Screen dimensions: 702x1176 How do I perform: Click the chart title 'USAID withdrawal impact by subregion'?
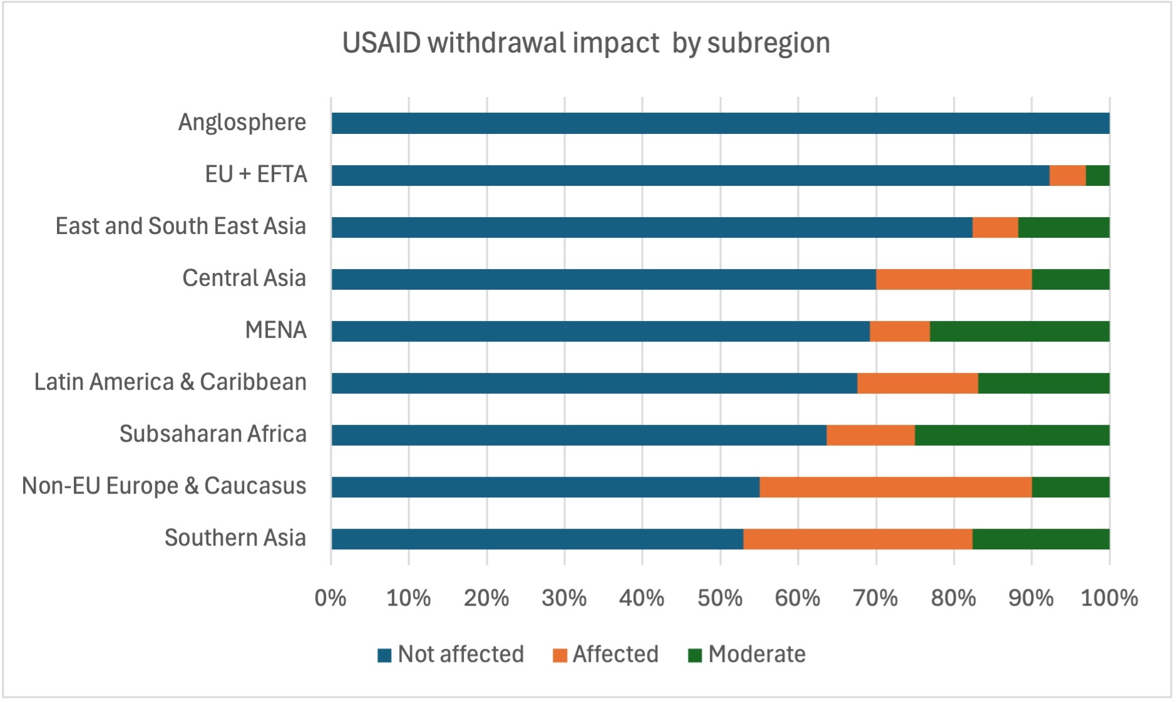pyautogui.click(x=586, y=43)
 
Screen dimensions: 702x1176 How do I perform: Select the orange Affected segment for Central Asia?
pyautogui.click(x=953, y=279)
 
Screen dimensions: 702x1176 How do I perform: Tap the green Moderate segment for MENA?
pyautogui.click(x=1019, y=331)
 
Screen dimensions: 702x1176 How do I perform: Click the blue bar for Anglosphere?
pyautogui.click(x=720, y=123)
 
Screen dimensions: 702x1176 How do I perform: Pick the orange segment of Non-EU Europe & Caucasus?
pyautogui.click(x=895, y=487)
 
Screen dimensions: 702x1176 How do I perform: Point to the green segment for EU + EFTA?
pyautogui.click(x=1097, y=175)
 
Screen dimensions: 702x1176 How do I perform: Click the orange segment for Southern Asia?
pyautogui.click(x=857, y=539)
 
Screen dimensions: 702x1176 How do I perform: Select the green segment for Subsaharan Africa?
pyautogui.click(x=1011, y=435)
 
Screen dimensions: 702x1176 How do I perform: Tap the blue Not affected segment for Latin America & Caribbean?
pyautogui.click(x=594, y=383)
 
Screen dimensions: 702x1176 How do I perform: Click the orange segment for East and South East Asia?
pyautogui.click(x=995, y=227)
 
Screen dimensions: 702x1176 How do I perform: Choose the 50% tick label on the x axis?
pyautogui.click(x=720, y=598)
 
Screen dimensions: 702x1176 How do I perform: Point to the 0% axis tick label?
pyautogui.click(x=330, y=598)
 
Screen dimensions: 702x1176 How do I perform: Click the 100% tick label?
pyautogui.click(x=1109, y=598)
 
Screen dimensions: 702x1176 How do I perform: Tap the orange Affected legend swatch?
pyautogui.click(x=560, y=655)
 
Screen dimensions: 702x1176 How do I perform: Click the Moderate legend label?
pyautogui.click(x=757, y=654)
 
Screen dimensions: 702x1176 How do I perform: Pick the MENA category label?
pyautogui.click(x=275, y=330)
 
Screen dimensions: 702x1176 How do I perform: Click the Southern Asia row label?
pyautogui.click(x=235, y=537)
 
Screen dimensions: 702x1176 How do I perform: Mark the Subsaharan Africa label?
pyautogui.click(x=213, y=434)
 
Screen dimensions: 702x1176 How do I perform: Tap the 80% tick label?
pyautogui.click(x=953, y=598)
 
